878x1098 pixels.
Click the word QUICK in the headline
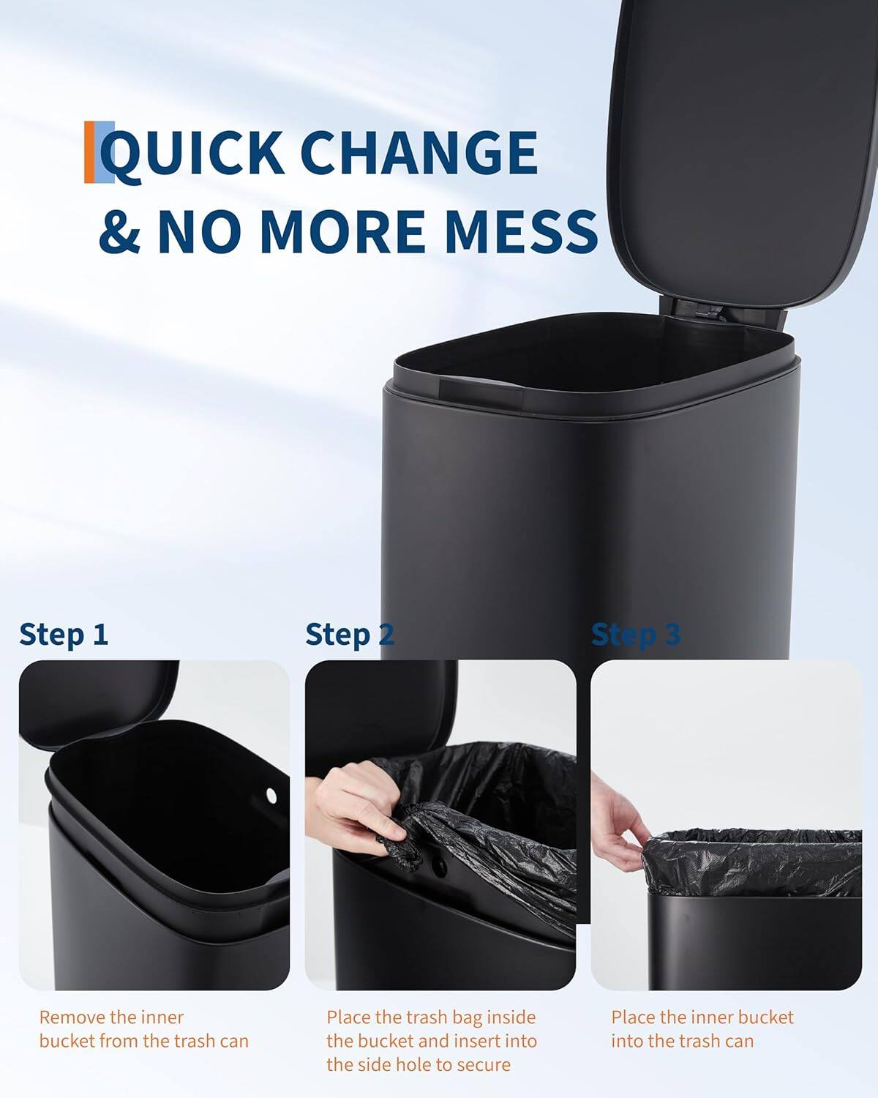coord(192,152)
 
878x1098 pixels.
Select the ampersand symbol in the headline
coord(119,230)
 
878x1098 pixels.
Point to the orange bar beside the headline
coord(89,152)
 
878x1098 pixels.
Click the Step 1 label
coord(64,634)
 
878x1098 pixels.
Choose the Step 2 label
coord(350,634)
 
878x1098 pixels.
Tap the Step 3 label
coord(635,634)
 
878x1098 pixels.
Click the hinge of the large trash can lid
coord(701,310)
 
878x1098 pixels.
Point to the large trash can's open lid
coord(739,146)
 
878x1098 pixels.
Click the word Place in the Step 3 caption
coord(633,1017)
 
